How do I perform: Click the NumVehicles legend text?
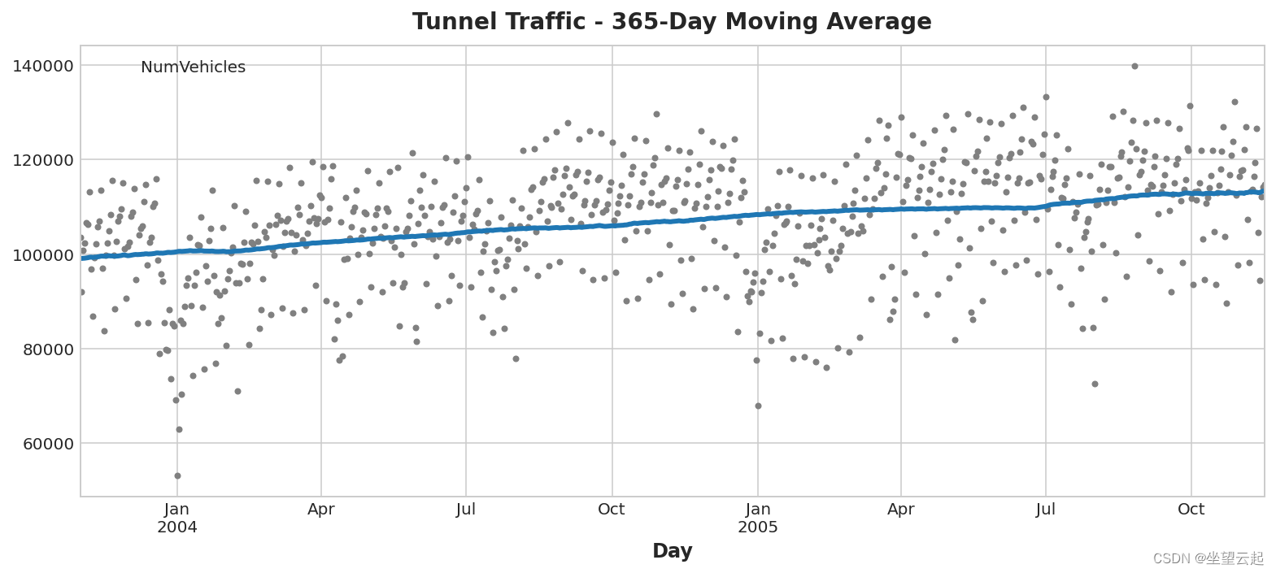point(193,67)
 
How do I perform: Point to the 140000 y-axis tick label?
point(42,66)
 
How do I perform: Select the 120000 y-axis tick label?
point(42,160)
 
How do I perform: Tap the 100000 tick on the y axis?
point(42,255)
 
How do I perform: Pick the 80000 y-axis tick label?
point(46,349)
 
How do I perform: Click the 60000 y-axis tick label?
point(46,444)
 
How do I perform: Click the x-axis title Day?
point(672,551)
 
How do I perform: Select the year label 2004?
point(177,527)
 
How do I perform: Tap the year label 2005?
point(757,527)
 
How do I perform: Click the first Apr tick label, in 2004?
point(321,510)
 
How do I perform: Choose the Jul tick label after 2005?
point(1046,510)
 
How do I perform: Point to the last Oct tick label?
point(1191,510)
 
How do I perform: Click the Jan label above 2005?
point(757,510)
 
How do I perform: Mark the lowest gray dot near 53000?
point(177,475)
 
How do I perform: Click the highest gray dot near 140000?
point(1134,66)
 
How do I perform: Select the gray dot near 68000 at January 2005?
point(758,406)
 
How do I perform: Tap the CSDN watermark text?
point(1208,558)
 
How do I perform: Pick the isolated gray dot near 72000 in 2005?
point(1095,384)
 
